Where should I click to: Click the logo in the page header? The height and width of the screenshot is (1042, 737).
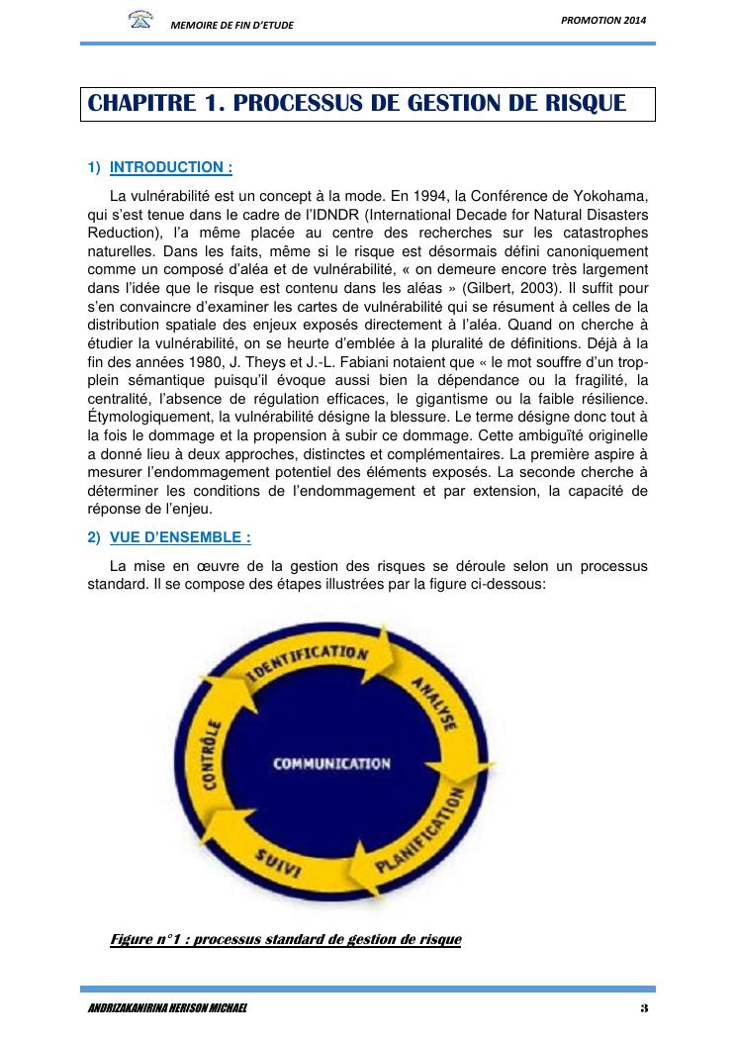(x=140, y=19)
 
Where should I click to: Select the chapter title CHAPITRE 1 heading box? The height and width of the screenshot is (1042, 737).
(x=367, y=104)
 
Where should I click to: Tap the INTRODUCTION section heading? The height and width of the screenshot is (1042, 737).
(x=170, y=167)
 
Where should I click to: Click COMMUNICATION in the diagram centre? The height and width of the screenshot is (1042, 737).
(x=331, y=763)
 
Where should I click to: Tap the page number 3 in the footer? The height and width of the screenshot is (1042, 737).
(x=643, y=1007)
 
